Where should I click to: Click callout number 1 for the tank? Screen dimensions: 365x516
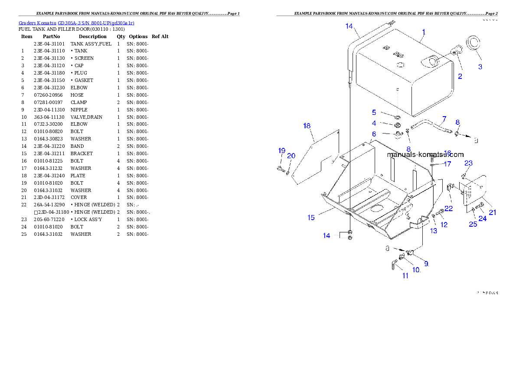click(x=424, y=32)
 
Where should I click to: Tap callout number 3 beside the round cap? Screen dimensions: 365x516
click(x=480, y=67)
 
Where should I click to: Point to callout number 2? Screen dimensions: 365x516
click(x=460, y=77)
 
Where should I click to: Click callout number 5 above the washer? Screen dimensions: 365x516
click(x=374, y=112)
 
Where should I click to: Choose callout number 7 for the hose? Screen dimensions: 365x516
click(x=444, y=118)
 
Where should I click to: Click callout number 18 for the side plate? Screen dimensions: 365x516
click(x=307, y=126)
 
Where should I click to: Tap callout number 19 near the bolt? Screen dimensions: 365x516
click(x=281, y=151)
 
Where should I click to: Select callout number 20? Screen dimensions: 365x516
click(x=291, y=156)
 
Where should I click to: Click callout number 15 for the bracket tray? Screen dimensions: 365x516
click(x=311, y=218)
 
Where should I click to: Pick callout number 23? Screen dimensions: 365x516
click(x=468, y=163)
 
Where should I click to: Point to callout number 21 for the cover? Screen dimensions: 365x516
click(x=493, y=212)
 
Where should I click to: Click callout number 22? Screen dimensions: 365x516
click(x=448, y=209)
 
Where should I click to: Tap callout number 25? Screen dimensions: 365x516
click(x=473, y=224)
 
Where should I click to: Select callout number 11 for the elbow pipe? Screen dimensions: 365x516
click(x=405, y=276)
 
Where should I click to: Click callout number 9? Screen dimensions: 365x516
click(x=426, y=264)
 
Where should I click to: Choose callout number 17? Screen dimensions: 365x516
click(x=447, y=164)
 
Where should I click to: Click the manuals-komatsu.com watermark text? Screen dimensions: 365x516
click(x=425, y=154)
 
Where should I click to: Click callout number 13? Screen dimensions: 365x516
click(x=434, y=231)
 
